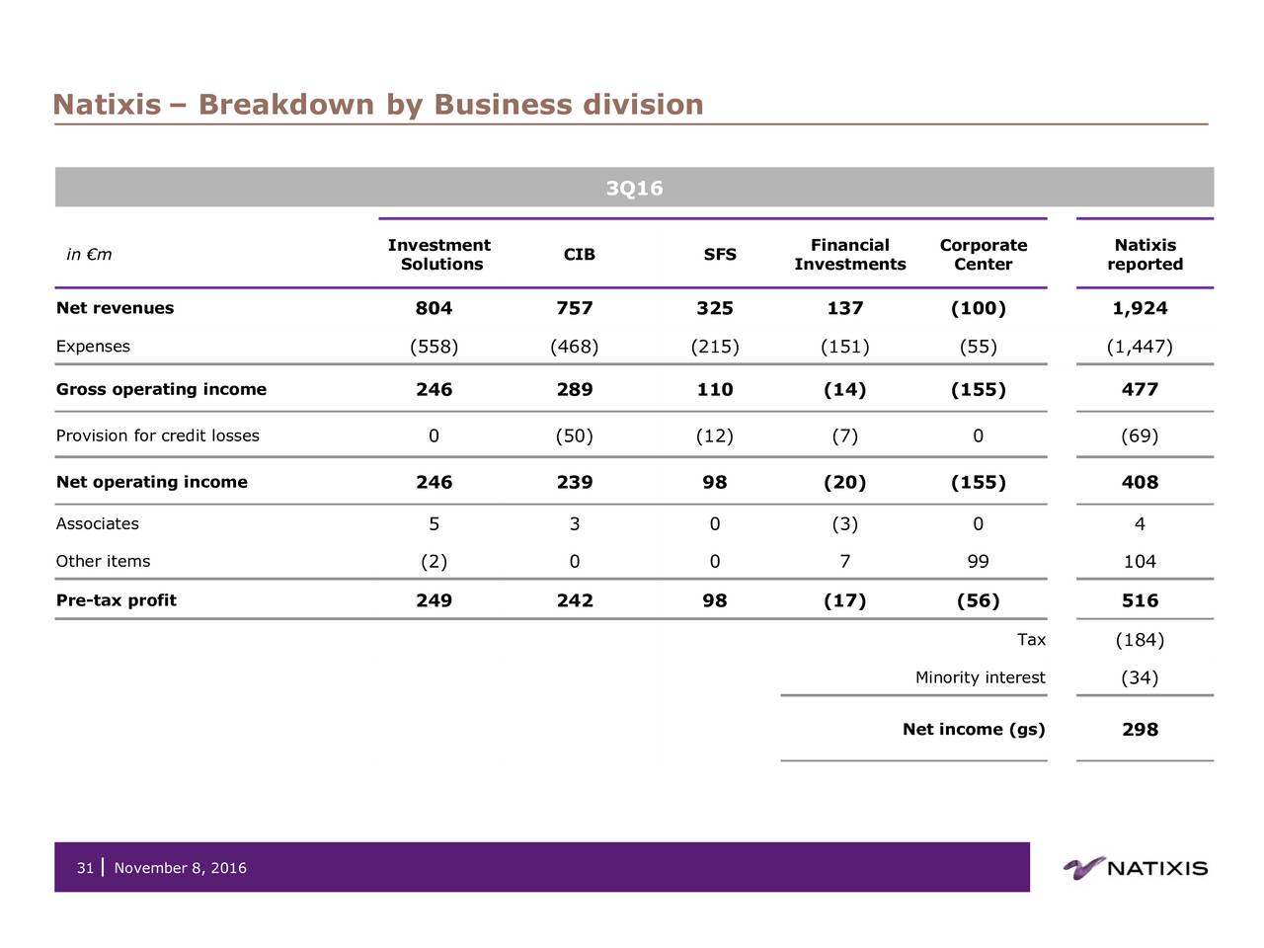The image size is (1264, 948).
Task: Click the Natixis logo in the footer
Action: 1136,868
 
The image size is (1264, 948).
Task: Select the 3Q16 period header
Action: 634,188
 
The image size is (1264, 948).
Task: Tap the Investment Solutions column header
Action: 439,255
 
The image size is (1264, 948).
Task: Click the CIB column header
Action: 579,255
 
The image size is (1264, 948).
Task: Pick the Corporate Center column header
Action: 983,255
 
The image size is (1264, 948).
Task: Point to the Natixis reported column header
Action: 1145,255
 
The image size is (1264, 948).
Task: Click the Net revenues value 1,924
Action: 1140,308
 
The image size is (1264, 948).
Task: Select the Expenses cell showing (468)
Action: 574,346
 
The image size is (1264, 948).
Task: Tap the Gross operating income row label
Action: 161,389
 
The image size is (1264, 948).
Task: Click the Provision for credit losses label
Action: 158,435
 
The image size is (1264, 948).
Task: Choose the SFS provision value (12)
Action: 714,435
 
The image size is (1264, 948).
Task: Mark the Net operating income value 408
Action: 1140,482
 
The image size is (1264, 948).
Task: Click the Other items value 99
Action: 978,561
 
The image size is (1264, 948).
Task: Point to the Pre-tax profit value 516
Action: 1140,600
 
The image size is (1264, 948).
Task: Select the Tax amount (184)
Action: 1140,640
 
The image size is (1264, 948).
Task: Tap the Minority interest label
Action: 980,677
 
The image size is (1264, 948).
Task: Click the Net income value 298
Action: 1140,730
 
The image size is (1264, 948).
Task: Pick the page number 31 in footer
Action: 85,868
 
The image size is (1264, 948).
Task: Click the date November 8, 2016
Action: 181,868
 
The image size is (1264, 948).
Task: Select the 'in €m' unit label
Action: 89,255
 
